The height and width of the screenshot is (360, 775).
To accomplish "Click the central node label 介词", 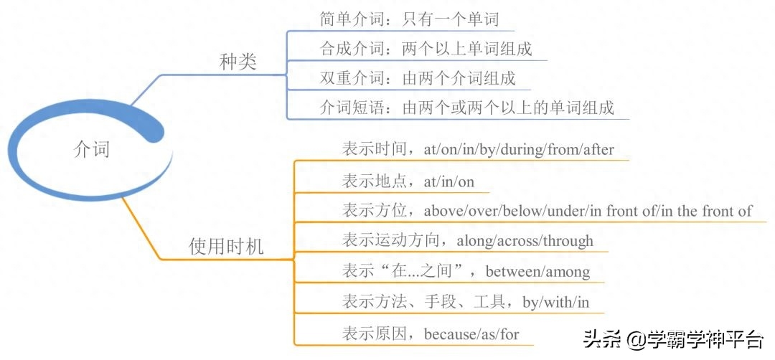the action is pos(91,148).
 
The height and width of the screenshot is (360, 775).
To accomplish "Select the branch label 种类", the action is pos(238,62).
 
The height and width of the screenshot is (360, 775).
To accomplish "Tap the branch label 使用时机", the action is pos(226,246).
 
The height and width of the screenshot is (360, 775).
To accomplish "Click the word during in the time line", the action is pos(520,150).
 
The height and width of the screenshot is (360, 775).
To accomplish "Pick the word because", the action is pos(447,334).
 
